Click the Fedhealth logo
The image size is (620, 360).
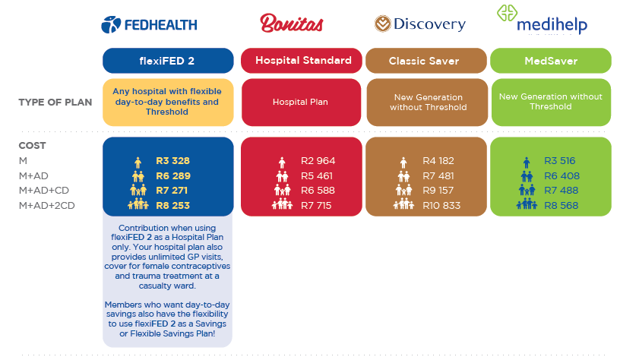click(x=149, y=25)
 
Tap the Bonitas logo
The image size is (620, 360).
click(x=292, y=24)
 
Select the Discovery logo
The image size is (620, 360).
click(x=420, y=24)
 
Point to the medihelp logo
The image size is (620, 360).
click(x=542, y=19)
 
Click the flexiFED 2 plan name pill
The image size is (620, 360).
click(x=168, y=61)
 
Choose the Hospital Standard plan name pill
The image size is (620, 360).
click(x=302, y=61)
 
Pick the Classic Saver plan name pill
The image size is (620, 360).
click(x=426, y=61)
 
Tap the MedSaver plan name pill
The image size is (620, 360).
click(x=551, y=61)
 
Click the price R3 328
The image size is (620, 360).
click(x=172, y=161)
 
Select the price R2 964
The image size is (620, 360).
click(x=318, y=161)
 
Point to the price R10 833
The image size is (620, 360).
click(x=441, y=206)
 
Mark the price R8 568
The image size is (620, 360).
click(x=561, y=206)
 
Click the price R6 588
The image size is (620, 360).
click(x=318, y=191)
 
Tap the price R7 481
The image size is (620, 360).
click(x=438, y=176)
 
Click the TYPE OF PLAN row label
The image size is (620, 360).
click(x=55, y=103)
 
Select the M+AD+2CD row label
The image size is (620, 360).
click(x=46, y=206)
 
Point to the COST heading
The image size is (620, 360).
click(x=32, y=145)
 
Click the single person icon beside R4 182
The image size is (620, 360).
click(x=403, y=163)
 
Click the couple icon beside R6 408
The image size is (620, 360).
click(x=527, y=176)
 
